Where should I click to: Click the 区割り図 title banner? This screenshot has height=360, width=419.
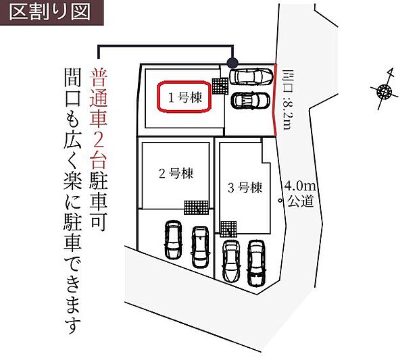(51, 13)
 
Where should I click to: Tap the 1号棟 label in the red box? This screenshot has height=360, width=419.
(185, 97)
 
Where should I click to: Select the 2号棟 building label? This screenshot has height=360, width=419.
(176, 174)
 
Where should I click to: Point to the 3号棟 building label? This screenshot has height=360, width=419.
(245, 188)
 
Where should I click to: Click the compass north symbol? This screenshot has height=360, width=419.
(385, 91)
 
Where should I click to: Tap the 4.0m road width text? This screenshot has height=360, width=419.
(300, 186)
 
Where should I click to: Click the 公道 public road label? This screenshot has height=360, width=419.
(301, 201)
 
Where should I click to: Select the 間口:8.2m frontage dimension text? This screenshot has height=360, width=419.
(289, 99)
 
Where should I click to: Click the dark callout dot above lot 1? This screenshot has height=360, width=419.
(232, 63)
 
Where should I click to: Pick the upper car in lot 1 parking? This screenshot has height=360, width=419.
(251, 77)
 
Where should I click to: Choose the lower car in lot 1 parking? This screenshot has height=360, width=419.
(250, 101)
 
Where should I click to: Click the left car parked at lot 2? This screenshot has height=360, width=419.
(173, 240)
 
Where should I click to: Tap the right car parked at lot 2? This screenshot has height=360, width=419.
(201, 247)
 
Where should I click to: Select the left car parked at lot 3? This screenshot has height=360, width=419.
(231, 261)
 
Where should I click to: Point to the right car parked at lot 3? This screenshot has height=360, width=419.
(256, 263)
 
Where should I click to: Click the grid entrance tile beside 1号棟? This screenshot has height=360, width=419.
(220, 86)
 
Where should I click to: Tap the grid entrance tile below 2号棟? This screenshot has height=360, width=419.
(196, 207)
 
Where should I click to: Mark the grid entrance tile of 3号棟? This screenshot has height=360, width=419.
(228, 229)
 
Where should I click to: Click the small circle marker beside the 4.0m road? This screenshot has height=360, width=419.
(280, 201)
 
